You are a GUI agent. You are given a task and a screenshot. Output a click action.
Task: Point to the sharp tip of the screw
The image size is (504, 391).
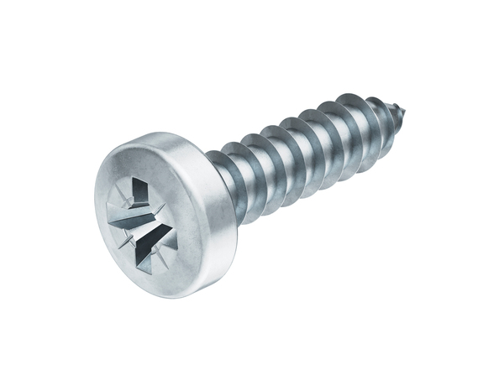click(x=409, y=109)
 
